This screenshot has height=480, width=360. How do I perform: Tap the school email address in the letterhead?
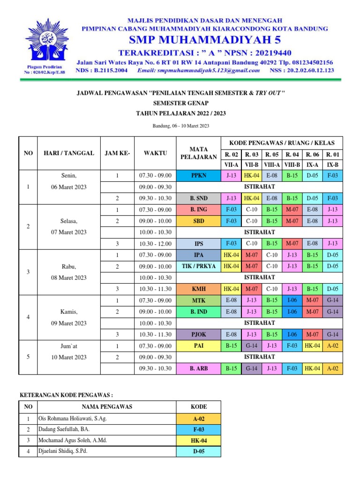199,70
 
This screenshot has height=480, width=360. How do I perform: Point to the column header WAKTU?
155,153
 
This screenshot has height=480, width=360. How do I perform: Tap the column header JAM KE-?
117,153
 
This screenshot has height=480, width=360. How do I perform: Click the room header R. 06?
312,154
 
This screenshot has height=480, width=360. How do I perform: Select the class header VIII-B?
292,165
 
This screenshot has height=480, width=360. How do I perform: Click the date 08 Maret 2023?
68,277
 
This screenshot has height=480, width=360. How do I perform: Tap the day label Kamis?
68,312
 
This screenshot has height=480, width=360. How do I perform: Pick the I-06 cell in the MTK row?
292,300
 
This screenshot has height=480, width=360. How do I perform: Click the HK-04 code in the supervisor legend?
198,441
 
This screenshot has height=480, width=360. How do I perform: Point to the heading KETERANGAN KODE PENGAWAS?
66,395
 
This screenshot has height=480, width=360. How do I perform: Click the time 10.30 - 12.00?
155,244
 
